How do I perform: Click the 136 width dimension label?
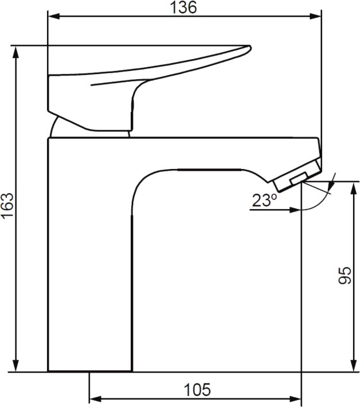click(x=183, y=7)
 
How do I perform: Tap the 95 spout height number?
click(x=345, y=275)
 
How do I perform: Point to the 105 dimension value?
click(x=198, y=389)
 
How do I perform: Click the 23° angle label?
click(x=264, y=200)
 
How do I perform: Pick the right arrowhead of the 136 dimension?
click(x=315, y=17)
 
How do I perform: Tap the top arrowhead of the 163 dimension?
click(x=16, y=52)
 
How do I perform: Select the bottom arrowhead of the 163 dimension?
click(x=16, y=366)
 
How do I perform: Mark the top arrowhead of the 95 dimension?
click(x=353, y=187)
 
